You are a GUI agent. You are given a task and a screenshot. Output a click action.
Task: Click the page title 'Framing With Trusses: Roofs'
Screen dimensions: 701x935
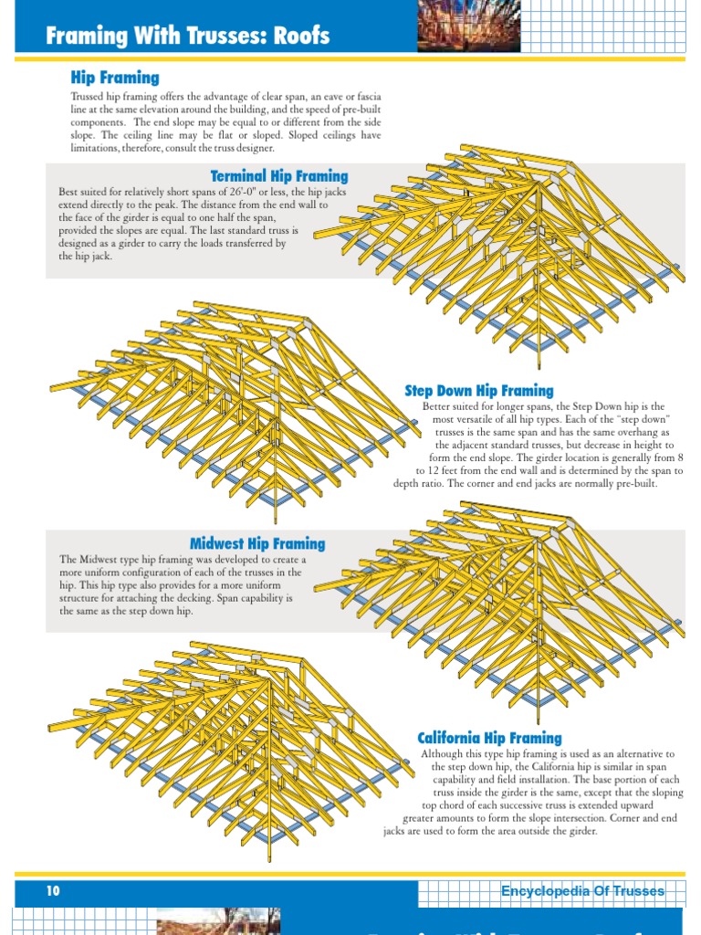[x=187, y=36]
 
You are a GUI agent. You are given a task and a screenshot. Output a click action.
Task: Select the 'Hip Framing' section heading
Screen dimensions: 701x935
[x=115, y=78]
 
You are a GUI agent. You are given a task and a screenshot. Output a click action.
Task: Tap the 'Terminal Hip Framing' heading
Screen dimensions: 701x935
[x=279, y=176]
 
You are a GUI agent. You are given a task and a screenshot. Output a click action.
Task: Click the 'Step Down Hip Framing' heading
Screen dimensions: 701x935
[x=479, y=391]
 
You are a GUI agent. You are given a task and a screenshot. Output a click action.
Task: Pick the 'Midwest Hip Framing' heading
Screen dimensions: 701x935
[x=257, y=543]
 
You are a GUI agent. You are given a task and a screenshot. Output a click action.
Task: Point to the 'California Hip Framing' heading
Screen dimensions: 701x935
[x=489, y=738]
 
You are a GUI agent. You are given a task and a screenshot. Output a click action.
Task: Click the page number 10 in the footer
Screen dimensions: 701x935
[x=53, y=890]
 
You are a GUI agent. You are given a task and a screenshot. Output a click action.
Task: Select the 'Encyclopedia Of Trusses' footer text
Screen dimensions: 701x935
[x=582, y=891]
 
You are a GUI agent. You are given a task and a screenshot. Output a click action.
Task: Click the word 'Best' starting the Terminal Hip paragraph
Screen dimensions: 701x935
[x=68, y=192]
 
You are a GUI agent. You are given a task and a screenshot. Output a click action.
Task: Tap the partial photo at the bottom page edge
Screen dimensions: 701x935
[x=218, y=921]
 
